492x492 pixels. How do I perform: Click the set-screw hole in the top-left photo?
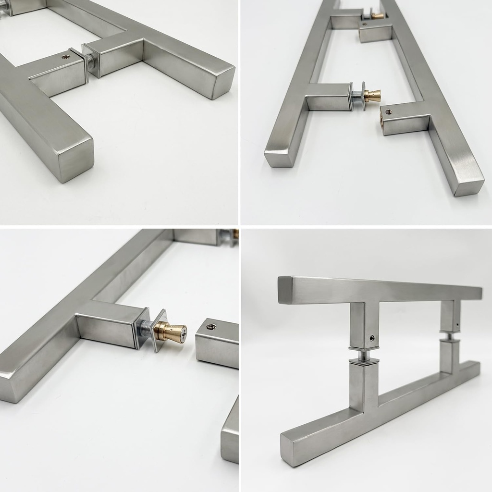coord(66,57)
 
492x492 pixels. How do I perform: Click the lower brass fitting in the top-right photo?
coord(372,96)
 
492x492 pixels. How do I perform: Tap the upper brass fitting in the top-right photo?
coord(378,16)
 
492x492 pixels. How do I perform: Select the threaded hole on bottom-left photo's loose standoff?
coord(210,327)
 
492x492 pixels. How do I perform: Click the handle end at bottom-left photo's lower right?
coord(230,447)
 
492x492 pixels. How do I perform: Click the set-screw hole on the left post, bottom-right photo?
coord(371,338)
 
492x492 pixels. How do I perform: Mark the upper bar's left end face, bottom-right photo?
coord(285,290)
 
